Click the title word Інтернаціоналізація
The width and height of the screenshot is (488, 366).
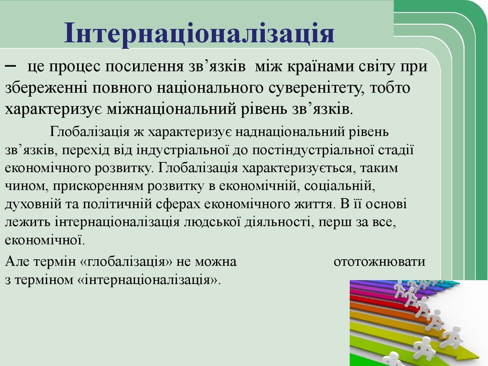[x=199, y=33]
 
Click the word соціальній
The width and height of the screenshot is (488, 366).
[x=340, y=186]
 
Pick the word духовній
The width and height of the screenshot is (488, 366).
[x=33, y=204]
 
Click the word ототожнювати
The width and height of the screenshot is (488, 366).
[x=379, y=262]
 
